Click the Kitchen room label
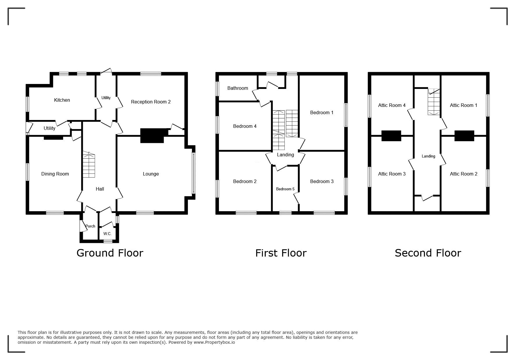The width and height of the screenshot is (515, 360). pyautogui.click(x=62, y=100)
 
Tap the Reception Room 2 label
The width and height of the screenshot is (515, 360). pyautogui.click(x=151, y=102)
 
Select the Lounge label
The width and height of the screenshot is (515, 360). pyautogui.click(x=151, y=174)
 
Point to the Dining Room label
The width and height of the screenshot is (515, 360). pyautogui.click(x=55, y=174)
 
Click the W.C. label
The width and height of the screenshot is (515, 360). pyautogui.click(x=107, y=234)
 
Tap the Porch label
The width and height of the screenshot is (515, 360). pyautogui.click(x=90, y=226)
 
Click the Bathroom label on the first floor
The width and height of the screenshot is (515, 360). pyautogui.click(x=238, y=88)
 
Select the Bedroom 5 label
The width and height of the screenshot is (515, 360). pyautogui.click(x=285, y=189)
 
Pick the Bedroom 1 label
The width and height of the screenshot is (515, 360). pyautogui.click(x=322, y=113)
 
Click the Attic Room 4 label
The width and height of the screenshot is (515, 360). pyautogui.click(x=392, y=105)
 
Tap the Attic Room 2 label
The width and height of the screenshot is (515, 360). pyautogui.click(x=464, y=174)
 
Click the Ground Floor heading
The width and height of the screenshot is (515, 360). pyautogui.click(x=110, y=253)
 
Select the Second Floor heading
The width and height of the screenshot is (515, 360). pyautogui.click(x=428, y=253)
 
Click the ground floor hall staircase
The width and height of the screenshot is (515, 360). pyautogui.click(x=89, y=164)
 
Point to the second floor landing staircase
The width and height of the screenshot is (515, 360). pyautogui.click(x=434, y=102)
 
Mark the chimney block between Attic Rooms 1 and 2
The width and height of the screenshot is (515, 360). pyautogui.click(x=464, y=136)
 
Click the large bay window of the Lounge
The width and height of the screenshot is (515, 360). pyautogui.click(x=193, y=173)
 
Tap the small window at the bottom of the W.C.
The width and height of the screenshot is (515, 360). pyautogui.click(x=108, y=241)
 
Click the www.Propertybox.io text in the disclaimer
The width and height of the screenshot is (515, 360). pyautogui.click(x=214, y=342)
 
